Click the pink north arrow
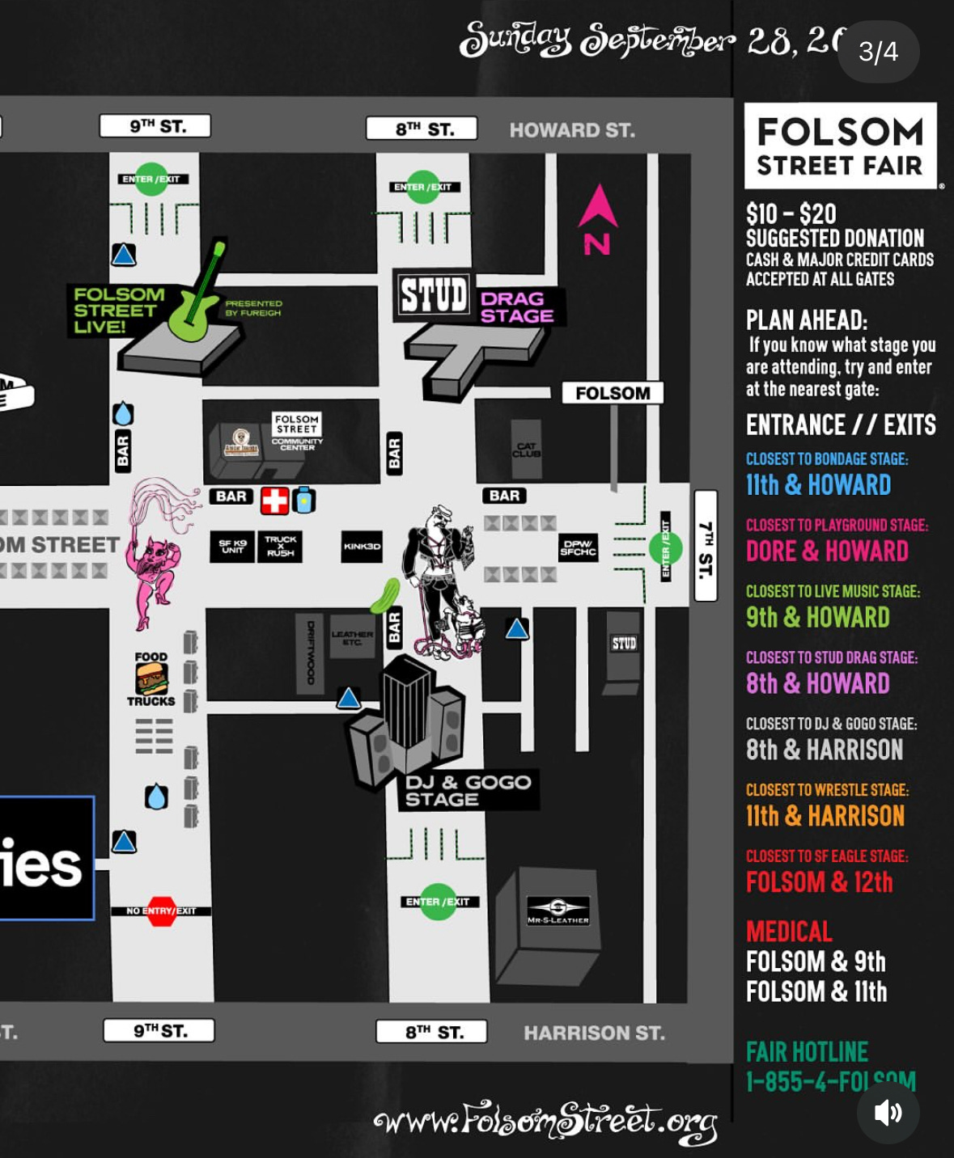click(x=597, y=209)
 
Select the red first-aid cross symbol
click(x=274, y=501)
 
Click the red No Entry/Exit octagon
click(x=161, y=911)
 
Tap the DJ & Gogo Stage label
click(x=468, y=790)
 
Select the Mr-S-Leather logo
click(x=558, y=909)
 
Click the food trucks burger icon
click(x=151, y=678)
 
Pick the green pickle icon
click(x=385, y=595)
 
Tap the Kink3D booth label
click(x=362, y=547)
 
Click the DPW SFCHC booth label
click(x=578, y=547)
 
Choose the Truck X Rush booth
click(x=280, y=547)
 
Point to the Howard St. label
click(x=572, y=130)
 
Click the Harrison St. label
click(x=594, y=1033)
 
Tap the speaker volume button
click(x=888, y=1113)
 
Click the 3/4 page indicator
click(x=878, y=52)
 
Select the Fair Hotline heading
click(x=807, y=1052)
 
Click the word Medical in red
click(x=789, y=932)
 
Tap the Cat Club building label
click(x=526, y=450)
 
